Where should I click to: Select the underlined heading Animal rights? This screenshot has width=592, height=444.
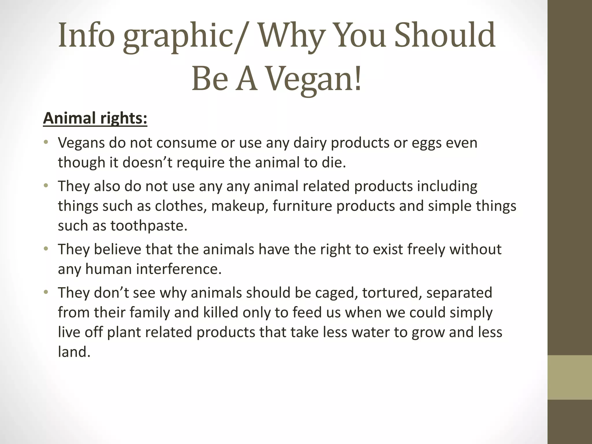95,118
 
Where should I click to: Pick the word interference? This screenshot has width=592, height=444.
179,269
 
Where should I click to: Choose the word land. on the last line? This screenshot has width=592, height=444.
74,352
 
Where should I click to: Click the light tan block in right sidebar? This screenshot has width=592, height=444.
570,377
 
